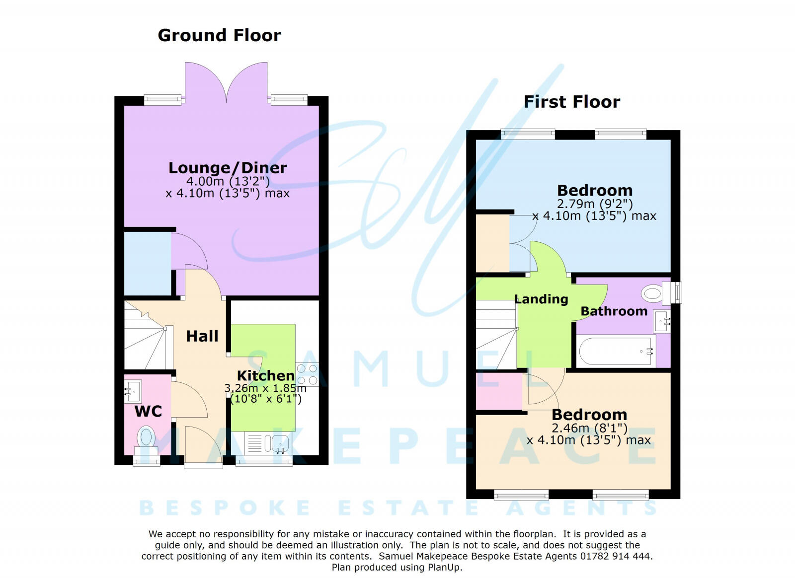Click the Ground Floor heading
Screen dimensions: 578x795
219,35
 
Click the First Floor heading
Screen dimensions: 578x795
572,102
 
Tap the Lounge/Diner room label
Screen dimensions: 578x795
228,168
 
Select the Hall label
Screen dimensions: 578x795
202,336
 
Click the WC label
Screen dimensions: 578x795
148,411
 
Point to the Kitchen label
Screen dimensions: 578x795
265,375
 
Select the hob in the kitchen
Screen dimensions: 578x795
307,374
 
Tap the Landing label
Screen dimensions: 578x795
541,299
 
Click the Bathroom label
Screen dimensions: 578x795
614,311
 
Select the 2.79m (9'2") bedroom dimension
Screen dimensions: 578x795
595,204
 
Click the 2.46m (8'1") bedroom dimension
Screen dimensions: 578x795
589,428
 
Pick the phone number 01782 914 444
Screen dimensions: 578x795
616,556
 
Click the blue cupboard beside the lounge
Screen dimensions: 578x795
147,264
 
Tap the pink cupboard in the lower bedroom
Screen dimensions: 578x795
498,391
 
